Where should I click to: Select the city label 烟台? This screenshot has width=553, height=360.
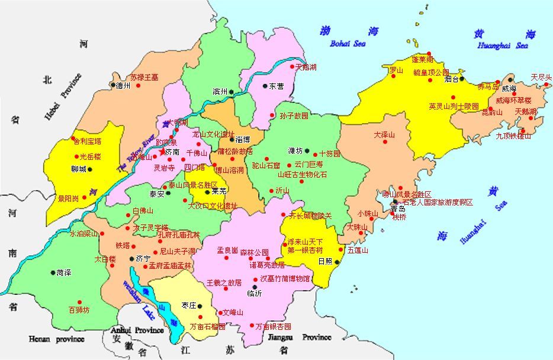(x=451, y=78)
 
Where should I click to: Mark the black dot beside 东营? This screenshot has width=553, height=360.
(x=265, y=86)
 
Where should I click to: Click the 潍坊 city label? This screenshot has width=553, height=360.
(x=295, y=150)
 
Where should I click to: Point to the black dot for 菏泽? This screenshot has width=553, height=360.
(x=52, y=273)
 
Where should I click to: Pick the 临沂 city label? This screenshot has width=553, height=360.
(x=254, y=294)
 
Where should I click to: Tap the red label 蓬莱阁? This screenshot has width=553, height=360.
(x=423, y=60)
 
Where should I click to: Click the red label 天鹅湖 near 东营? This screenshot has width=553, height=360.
(x=306, y=67)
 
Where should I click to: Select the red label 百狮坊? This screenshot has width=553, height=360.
(x=79, y=310)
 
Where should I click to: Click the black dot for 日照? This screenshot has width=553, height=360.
(x=336, y=261)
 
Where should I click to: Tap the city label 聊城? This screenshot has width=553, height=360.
(x=78, y=169)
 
